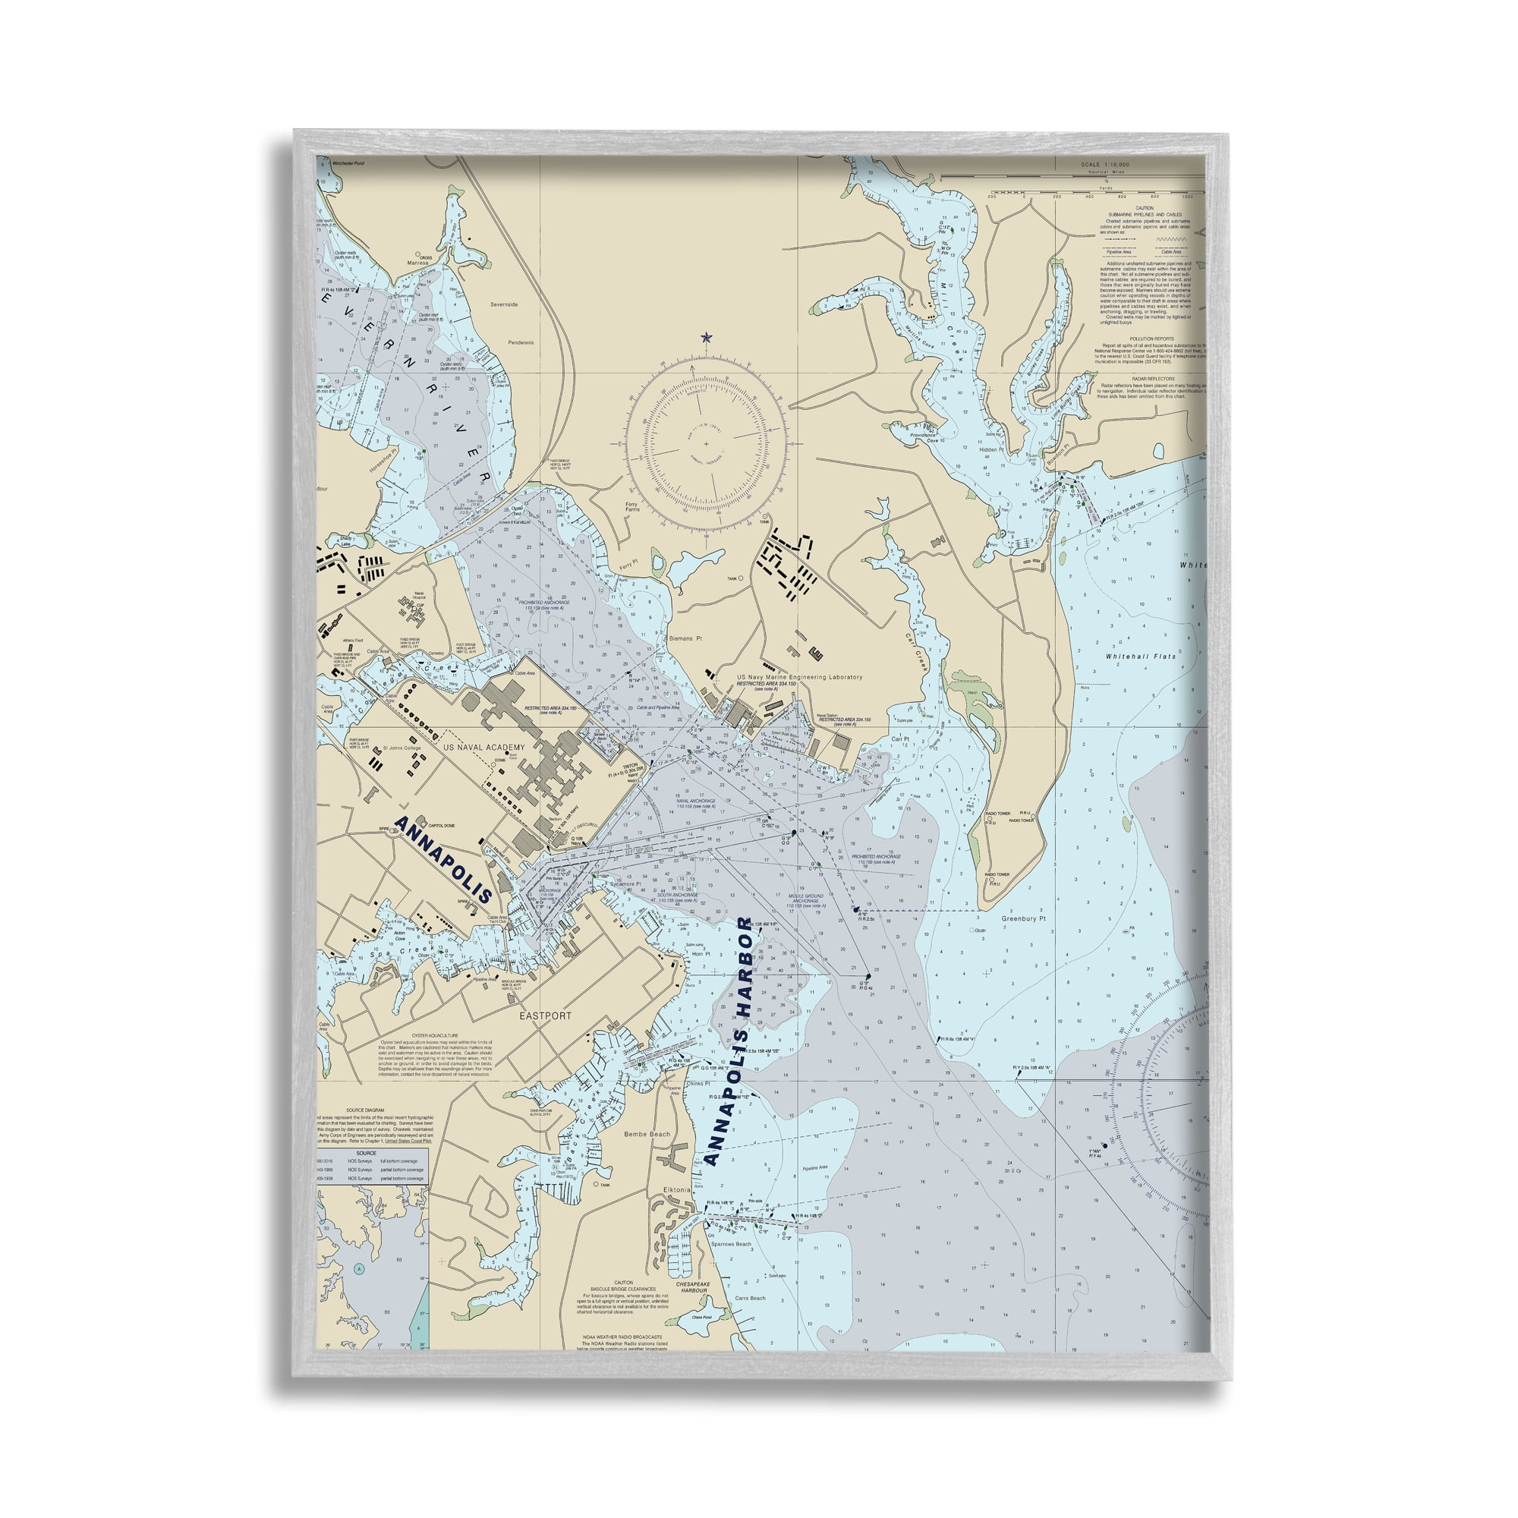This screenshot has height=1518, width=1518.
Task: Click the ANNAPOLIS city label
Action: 443,861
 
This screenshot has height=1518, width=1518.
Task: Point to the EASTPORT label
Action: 545,1016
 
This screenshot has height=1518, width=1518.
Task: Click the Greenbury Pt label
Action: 1023,918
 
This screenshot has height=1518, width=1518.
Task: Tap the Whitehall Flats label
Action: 1140,656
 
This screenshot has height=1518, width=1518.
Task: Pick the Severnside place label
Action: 505,304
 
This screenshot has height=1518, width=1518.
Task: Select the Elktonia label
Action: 676,1190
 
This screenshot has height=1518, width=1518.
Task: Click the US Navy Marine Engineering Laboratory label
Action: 799,676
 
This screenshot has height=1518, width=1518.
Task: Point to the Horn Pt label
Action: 701,954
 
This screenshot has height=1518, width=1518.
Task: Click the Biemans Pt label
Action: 686,639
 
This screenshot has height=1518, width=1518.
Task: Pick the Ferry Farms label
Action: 632,508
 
